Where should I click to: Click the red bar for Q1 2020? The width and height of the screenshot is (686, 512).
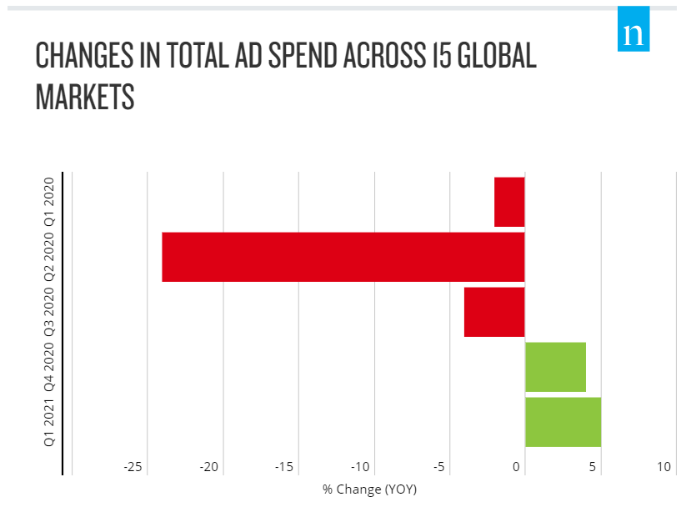click(509, 202)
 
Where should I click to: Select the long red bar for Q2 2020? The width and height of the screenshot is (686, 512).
click(343, 257)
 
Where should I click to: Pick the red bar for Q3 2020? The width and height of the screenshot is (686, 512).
click(494, 312)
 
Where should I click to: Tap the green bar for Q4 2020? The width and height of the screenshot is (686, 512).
click(555, 367)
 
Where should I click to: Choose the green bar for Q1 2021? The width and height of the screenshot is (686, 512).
click(563, 422)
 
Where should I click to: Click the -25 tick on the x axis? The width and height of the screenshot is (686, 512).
click(133, 467)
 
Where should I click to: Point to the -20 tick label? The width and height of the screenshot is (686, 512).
click(208, 467)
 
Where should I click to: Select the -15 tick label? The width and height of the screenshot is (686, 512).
click(284, 467)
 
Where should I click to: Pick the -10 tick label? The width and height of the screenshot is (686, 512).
click(360, 467)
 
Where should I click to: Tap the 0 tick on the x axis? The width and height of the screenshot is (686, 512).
click(518, 467)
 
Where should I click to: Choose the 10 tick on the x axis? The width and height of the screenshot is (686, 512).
click(663, 467)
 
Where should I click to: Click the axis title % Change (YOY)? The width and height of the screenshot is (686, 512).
click(369, 489)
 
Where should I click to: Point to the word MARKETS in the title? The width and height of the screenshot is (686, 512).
click(85, 98)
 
